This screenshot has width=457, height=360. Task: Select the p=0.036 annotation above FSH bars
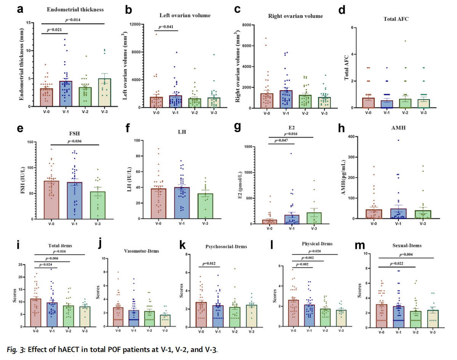pos(74,142)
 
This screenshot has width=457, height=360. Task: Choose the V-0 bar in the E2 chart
pos(269,222)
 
